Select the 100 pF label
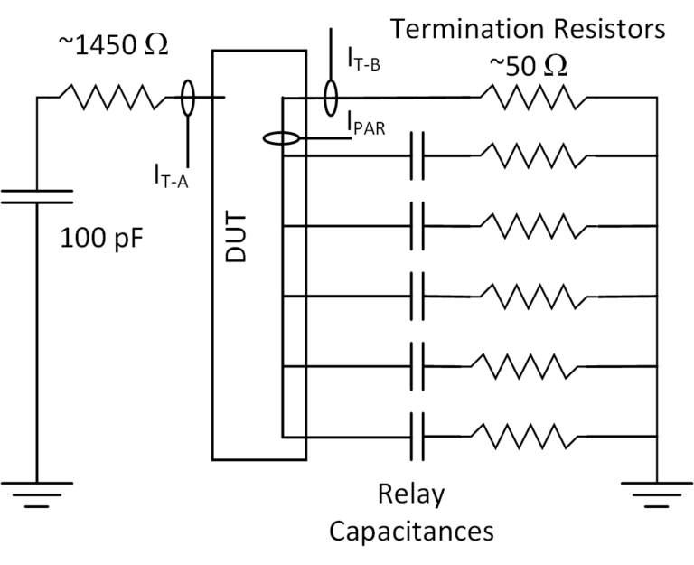(x=101, y=240)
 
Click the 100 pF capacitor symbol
(x=37, y=197)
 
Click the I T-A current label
(x=169, y=172)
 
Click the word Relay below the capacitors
(x=412, y=494)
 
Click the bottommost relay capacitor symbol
(x=417, y=436)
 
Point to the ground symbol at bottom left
(x=37, y=494)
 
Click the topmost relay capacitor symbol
(x=417, y=155)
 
